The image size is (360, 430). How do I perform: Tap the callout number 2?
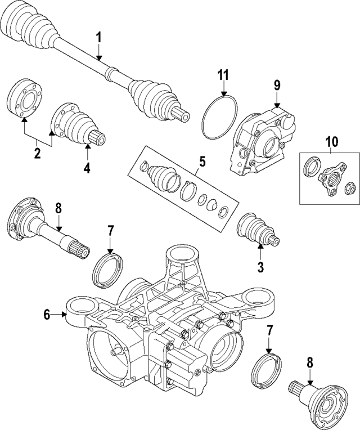[37, 153]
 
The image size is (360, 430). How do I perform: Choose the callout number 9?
[277, 85]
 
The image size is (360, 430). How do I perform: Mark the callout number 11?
[223, 74]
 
